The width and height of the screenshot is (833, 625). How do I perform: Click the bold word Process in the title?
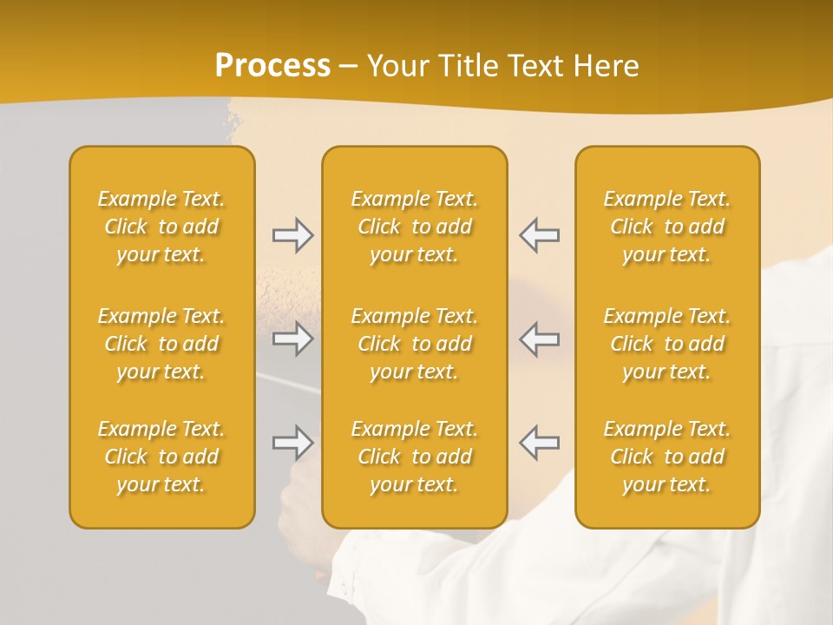pos(272,66)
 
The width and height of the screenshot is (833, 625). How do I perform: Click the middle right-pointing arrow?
pos(292,339)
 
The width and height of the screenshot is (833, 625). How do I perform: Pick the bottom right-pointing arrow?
pos(292,443)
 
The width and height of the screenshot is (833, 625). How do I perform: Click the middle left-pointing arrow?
pos(540,339)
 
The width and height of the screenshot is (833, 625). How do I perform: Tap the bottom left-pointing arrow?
pos(540,443)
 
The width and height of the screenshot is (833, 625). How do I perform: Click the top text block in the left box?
pos(161,227)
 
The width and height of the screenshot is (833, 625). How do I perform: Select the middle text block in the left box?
pos(161,344)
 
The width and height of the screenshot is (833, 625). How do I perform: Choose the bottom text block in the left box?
pos(161,457)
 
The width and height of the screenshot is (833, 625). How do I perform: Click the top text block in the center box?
pos(414,227)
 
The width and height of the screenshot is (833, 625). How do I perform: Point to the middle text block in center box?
pos(414,344)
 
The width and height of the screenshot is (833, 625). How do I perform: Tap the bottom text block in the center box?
pos(414,457)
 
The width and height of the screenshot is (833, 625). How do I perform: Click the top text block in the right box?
pos(666,227)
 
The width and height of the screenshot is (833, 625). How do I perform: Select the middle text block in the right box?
pos(666,344)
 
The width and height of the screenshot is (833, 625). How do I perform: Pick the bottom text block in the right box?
pos(666,457)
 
